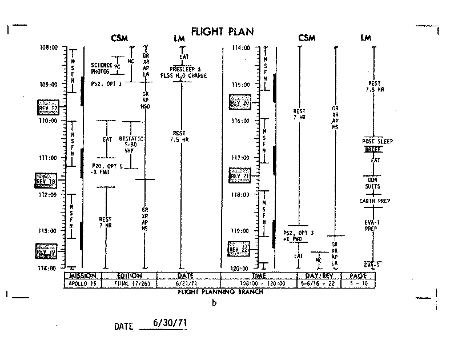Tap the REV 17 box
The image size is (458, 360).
(47, 108)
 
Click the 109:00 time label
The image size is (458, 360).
(49, 84)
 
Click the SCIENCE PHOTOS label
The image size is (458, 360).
(101, 67)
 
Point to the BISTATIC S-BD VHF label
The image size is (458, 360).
(131, 145)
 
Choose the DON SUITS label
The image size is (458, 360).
(375, 181)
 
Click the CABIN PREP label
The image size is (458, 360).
(375, 201)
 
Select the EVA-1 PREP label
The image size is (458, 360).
(375, 225)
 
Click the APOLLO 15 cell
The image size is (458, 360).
(83, 283)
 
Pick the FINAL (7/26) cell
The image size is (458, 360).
(128, 283)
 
